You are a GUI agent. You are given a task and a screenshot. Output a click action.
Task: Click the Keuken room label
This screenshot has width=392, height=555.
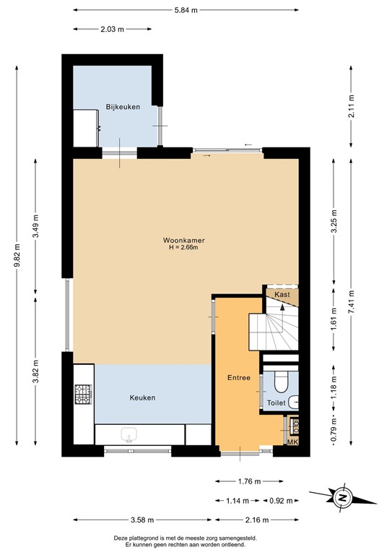(x=142, y=397)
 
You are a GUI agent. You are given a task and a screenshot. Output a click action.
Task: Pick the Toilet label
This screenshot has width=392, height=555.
(x=276, y=403)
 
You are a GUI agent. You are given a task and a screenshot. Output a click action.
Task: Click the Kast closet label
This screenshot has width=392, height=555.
(x=282, y=294)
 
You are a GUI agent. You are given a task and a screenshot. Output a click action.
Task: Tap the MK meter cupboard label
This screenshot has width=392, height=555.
(x=292, y=442)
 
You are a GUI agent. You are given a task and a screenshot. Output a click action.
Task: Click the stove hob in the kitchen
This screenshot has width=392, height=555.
(x=83, y=394)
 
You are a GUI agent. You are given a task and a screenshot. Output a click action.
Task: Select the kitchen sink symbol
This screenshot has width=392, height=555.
(x=130, y=434)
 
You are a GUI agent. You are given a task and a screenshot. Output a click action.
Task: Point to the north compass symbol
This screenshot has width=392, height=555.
(x=343, y=497)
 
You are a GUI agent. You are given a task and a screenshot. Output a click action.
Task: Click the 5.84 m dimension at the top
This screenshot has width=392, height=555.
(x=185, y=10)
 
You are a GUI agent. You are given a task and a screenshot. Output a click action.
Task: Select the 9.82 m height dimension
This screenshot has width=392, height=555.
(x=17, y=258)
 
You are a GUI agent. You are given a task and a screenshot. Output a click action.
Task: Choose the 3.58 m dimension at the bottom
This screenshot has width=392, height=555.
(x=144, y=520)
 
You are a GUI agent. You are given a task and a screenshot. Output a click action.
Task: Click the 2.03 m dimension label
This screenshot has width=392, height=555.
(x=113, y=30)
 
